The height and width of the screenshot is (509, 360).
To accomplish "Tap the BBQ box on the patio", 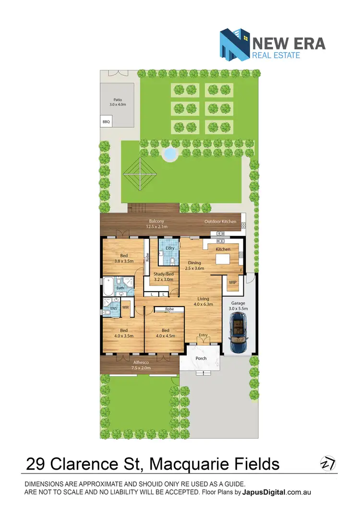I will (106, 122).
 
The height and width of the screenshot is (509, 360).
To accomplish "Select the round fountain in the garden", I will (170, 154).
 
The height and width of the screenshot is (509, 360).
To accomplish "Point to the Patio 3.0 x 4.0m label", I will (118, 102).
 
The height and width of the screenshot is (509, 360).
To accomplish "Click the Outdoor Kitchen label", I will (220, 222).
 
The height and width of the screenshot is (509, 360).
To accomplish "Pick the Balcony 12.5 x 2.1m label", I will (157, 224).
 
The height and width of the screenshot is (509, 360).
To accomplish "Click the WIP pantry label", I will (233, 283).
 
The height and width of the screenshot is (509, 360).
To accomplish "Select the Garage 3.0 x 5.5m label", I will (239, 306).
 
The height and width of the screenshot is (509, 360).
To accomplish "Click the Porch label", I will (201, 358).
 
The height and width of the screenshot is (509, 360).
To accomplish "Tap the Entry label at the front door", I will (204, 335).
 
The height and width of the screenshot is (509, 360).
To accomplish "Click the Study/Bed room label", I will (163, 277).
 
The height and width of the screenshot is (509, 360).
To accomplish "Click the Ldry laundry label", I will (163, 248).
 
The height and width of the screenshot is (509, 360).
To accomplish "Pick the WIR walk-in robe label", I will (126, 308).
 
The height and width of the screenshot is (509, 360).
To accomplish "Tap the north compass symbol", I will (327, 464).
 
